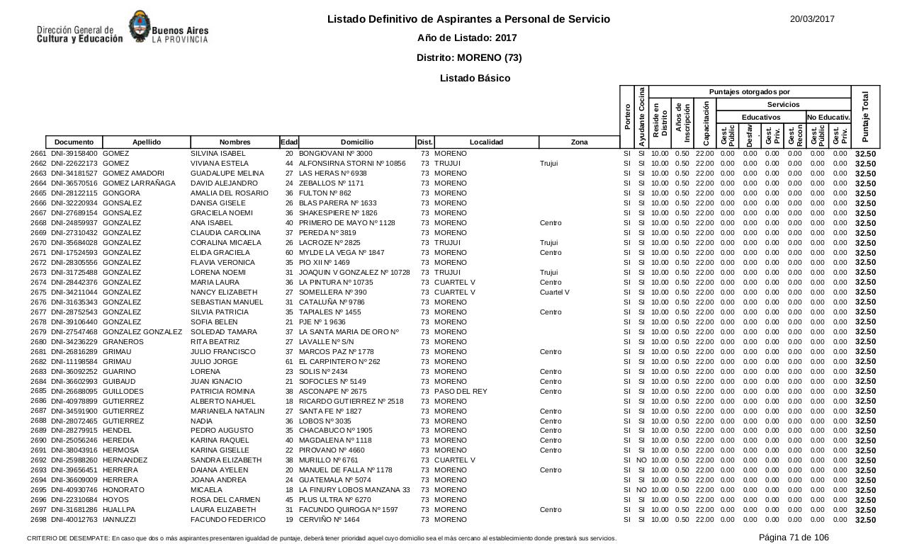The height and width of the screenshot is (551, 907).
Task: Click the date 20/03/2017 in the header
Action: click(x=812, y=19)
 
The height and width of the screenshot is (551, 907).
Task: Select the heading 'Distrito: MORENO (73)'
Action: click(x=469, y=57)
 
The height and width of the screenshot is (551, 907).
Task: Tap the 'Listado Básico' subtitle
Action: click(x=475, y=78)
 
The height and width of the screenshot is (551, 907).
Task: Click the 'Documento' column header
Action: click(x=74, y=142)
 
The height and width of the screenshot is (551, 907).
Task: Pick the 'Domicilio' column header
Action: click(x=356, y=142)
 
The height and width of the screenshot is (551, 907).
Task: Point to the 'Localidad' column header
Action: click(x=486, y=142)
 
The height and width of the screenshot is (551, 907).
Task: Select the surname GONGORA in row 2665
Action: click(x=122, y=193)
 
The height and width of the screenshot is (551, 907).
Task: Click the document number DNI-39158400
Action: click(x=74, y=154)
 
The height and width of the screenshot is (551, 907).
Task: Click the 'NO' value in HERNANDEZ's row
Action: click(x=641, y=460)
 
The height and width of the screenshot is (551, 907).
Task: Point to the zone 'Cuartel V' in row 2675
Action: click(x=554, y=292)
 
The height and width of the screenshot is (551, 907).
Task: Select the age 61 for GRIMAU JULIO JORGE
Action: click(x=289, y=362)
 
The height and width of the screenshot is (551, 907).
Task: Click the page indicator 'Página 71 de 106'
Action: click(x=794, y=538)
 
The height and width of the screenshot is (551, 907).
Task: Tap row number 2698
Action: click(x=38, y=520)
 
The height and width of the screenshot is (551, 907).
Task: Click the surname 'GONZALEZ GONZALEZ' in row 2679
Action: click(x=142, y=332)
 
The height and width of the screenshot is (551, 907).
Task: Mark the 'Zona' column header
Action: click(x=579, y=142)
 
